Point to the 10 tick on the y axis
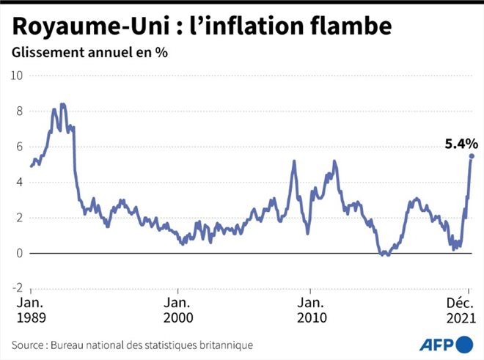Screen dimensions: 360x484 tap(17, 76)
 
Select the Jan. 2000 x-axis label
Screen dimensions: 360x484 tap(178, 310)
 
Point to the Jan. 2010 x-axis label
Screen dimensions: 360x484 tap(312, 310)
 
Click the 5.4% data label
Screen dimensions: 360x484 tap(461, 144)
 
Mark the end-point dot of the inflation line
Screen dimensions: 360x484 tap(472, 156)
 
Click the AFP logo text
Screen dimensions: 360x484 tap(436, 344)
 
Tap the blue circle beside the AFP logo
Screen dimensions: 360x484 tap(464, 343)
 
